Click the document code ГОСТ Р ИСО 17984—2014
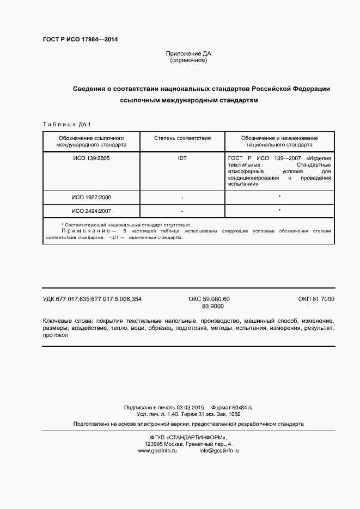tap(80, 40)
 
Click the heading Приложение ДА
tap(188, 53)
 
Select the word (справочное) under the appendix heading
tap(188, 60)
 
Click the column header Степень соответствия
tap(182, 138)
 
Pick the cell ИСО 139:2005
tap(91, 158)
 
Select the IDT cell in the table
tap(182, 158)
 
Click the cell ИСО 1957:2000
tap(91, 197)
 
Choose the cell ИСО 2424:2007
tap(91, 211)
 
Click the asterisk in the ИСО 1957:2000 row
tap(279, 197)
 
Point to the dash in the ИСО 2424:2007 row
tap(182, 211)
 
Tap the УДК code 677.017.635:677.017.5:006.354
tap(92, 299)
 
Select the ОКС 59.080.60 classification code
tap(209, 299)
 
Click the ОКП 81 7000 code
tap(316, 299)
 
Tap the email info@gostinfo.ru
tap(219, 451)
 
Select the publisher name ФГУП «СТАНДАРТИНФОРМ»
tap(188, 437)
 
